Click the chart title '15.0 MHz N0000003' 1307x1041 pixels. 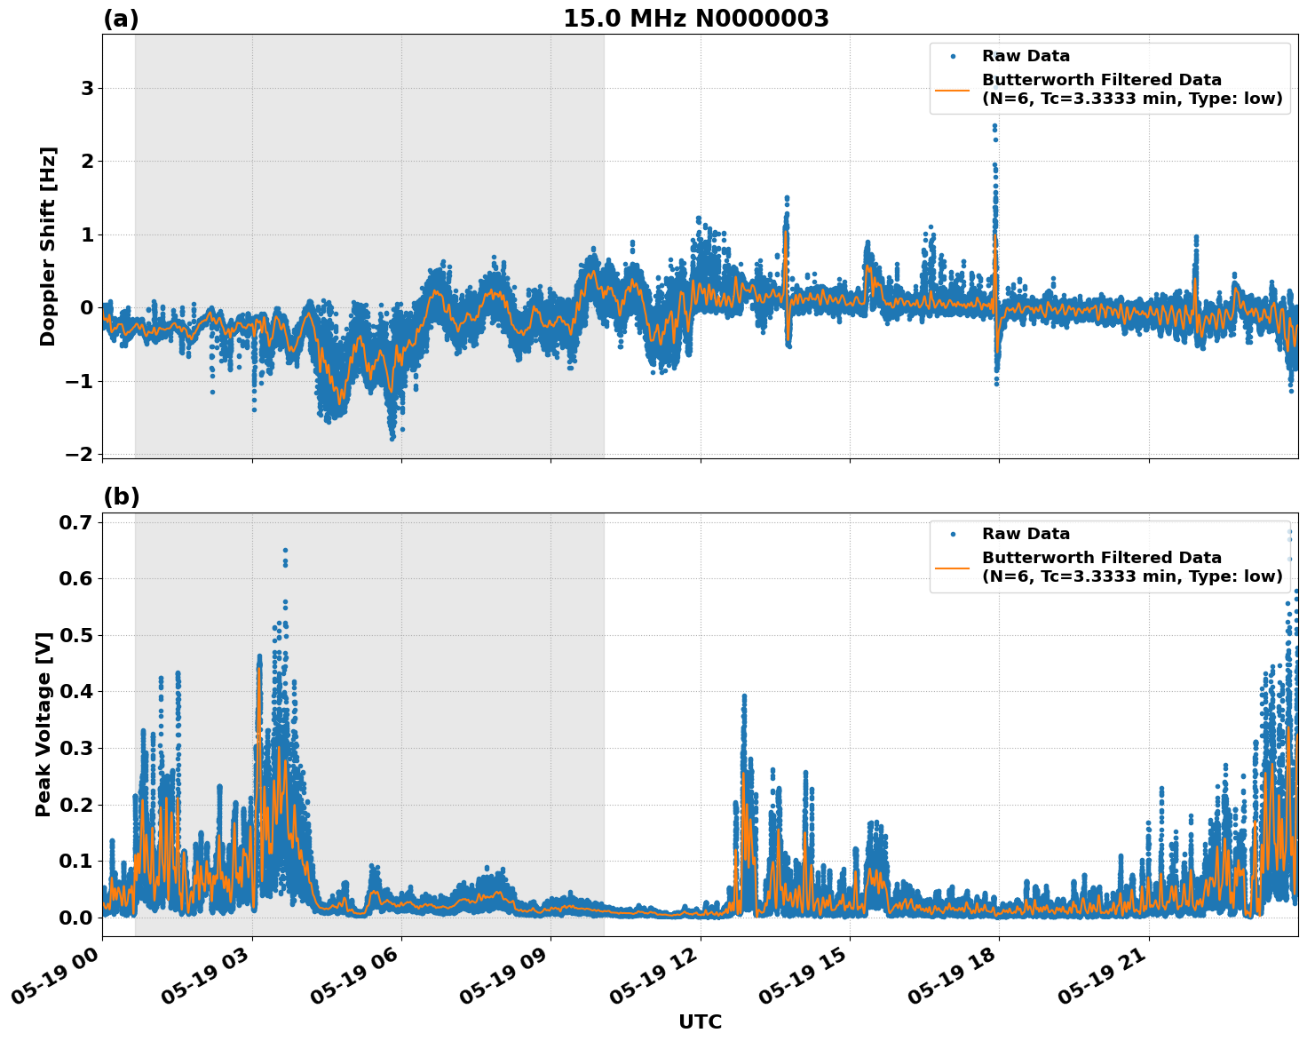point(695,19)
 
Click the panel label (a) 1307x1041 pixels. point(121,19)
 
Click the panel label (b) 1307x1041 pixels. point(121,497)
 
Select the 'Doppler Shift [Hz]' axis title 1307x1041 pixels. point(48,246)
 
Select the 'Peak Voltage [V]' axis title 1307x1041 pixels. point(44,724)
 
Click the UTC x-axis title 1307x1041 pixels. point(700,1021)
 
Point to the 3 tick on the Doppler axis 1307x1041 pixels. point(87,88)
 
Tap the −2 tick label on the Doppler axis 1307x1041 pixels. point(79,454)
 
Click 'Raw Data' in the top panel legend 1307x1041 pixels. point(1026,56)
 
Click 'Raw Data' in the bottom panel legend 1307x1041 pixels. point(1026,534)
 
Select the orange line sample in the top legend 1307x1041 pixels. point(953,90)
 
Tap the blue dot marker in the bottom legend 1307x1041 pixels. point(953,534)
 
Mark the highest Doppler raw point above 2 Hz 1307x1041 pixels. point(994,126)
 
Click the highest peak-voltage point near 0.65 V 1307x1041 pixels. point(285,550)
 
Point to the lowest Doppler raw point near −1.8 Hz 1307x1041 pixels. point(392,439)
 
